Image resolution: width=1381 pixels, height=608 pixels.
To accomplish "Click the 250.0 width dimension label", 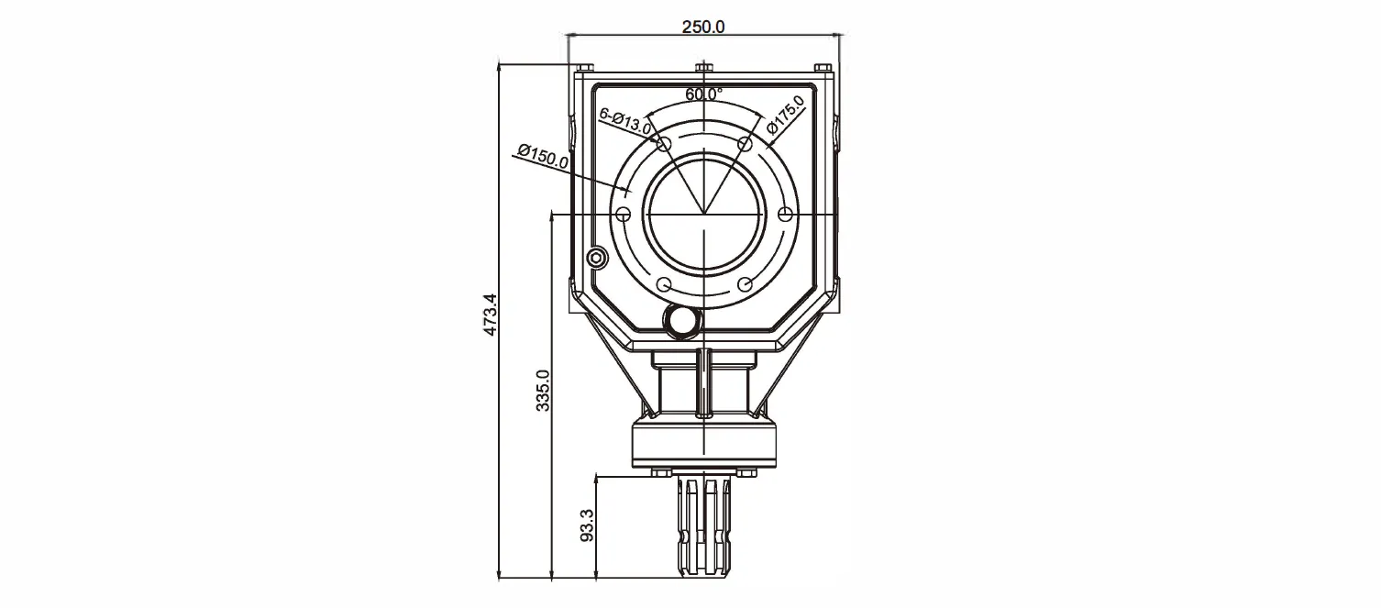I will (703, 27).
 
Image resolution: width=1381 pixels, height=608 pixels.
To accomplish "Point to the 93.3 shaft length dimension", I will (588, 525).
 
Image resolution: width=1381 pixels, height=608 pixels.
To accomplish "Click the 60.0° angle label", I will (703, 94).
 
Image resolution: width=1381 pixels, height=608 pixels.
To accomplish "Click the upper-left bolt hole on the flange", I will (664, 144).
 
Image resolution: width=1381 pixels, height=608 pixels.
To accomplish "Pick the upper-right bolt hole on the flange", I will (745, 144).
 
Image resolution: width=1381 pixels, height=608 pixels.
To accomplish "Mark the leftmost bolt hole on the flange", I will (624, 214).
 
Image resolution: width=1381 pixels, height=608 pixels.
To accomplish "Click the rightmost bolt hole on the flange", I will (784, 214).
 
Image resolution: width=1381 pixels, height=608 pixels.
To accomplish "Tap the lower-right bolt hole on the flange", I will (745, 283).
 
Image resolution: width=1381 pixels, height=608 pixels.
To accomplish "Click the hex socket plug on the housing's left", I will (598, 258).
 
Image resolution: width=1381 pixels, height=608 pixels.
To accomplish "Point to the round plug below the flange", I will (681, 320).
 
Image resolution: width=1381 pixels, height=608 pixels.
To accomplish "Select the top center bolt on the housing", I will (703, 67).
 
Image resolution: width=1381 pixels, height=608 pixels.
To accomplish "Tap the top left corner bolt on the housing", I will (585, 67).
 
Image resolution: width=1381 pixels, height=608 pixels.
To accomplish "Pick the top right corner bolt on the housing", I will (823, 67).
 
